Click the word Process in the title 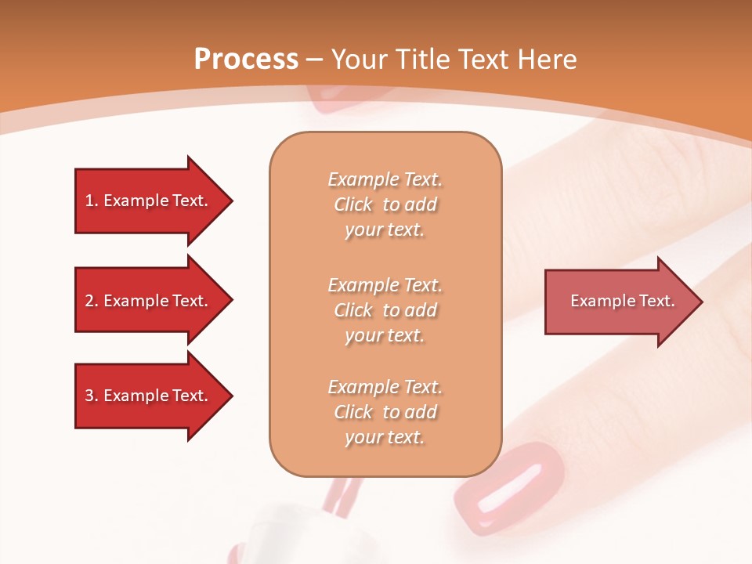246,60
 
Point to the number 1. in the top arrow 92,201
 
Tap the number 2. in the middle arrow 92,301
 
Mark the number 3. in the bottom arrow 92,396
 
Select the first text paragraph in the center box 385,204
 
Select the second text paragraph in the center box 385,310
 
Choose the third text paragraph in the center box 385,412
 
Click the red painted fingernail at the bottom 510,490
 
